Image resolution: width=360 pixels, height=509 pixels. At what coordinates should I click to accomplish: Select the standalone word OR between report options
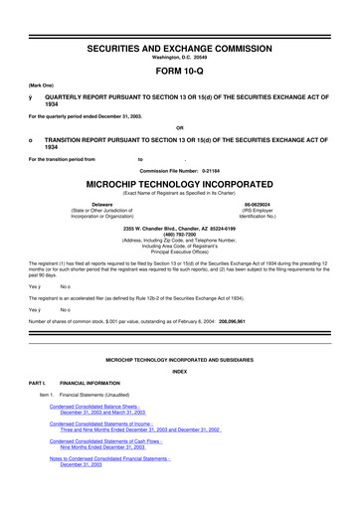coord(179,126)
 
